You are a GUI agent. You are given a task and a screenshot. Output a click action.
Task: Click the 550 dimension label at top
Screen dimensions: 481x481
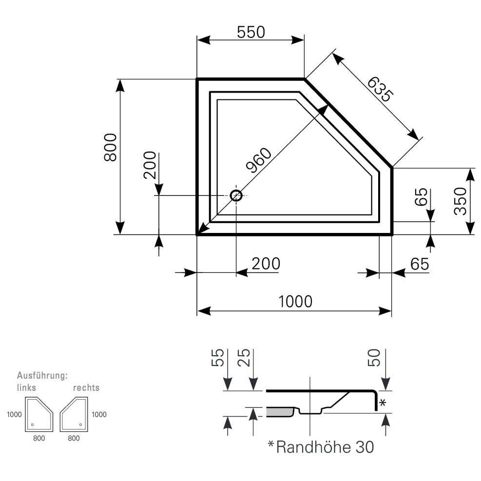pos(250,32)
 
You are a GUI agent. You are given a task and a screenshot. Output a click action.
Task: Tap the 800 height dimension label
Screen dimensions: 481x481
pos(111,147)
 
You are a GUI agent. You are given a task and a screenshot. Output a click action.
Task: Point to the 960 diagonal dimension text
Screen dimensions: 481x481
pos(258,160)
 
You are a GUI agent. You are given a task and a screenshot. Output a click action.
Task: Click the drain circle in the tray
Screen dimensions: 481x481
pos(236,195)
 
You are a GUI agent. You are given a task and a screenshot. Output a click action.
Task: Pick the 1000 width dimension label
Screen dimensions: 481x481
pos(295,302)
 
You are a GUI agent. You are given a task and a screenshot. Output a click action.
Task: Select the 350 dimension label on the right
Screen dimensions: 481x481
pos(460,201)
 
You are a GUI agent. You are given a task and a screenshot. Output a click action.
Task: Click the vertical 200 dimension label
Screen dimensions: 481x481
pos(150,166)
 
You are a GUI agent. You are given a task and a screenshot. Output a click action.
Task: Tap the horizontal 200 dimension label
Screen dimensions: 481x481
pos(266,264)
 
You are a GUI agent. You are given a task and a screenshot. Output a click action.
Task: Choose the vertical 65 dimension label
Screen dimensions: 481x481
pos(422,197)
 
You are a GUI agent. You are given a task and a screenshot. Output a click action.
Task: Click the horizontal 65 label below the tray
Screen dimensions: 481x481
pos(419,264)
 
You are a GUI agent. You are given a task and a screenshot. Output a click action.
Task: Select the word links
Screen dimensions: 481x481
pos(26,387)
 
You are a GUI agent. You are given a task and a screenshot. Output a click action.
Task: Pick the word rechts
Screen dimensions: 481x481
pos(86,387)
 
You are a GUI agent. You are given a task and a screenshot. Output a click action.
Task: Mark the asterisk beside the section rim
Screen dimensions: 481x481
pos(383,403)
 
